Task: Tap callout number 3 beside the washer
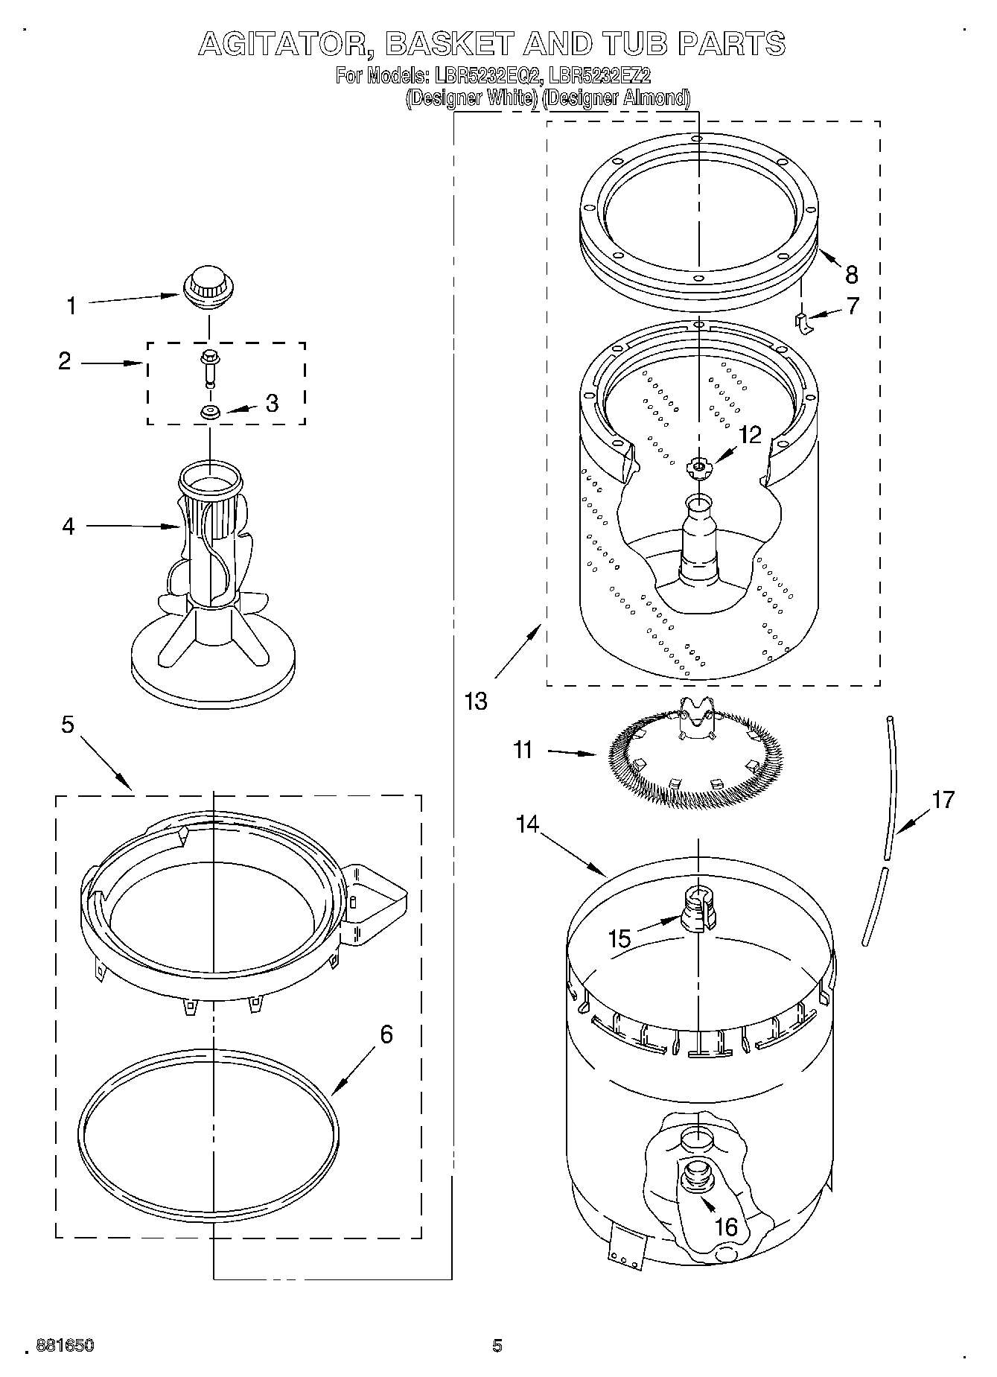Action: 272,403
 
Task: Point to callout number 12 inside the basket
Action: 751,434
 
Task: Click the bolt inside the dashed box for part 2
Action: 209,368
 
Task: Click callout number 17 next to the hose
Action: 943,800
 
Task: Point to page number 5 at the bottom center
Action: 497,1345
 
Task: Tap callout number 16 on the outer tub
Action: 726,1226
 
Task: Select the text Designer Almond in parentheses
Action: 617,98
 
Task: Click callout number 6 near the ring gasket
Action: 386,1034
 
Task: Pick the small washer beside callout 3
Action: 209,412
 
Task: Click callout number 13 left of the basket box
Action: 476,700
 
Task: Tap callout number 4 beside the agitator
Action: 69,527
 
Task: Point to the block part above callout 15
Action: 698,908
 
